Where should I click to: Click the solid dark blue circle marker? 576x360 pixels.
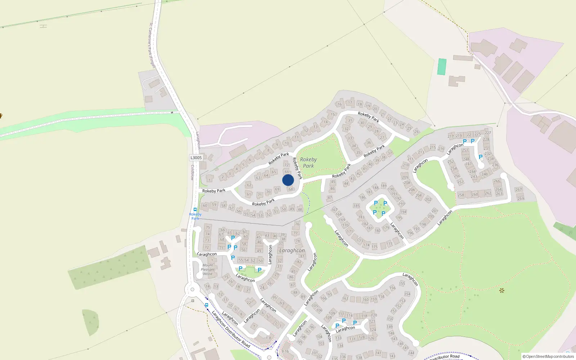coord(288,180)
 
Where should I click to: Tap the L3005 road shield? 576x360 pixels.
coord(196,158)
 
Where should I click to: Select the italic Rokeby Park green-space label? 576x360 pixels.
coord(308,162)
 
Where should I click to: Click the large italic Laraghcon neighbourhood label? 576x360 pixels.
coord(292,250)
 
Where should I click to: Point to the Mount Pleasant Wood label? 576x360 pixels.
coord(208,269)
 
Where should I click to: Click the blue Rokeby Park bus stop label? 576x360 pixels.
coord(195,216)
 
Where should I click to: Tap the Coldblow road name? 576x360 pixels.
coord(193,172)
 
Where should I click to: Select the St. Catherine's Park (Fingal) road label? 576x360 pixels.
coord(152,45)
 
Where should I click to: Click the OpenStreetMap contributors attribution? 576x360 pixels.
coord(548,356)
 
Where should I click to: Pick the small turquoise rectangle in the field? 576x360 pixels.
coord(442,67)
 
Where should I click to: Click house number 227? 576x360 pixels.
coord(488,132)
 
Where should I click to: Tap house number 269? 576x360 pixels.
coord(521,198)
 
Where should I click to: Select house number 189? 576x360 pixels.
coord(384,186)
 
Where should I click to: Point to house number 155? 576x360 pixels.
coord(402,283)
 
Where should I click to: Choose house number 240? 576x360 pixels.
coord(485,174)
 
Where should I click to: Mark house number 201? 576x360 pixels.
coord(435,211)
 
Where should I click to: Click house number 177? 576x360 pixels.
coord(389,244)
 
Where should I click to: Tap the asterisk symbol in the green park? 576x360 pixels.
coord(502,290)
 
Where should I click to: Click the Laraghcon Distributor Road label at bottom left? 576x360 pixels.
coord(231,329)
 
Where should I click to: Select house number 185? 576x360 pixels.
coord(356,206)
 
